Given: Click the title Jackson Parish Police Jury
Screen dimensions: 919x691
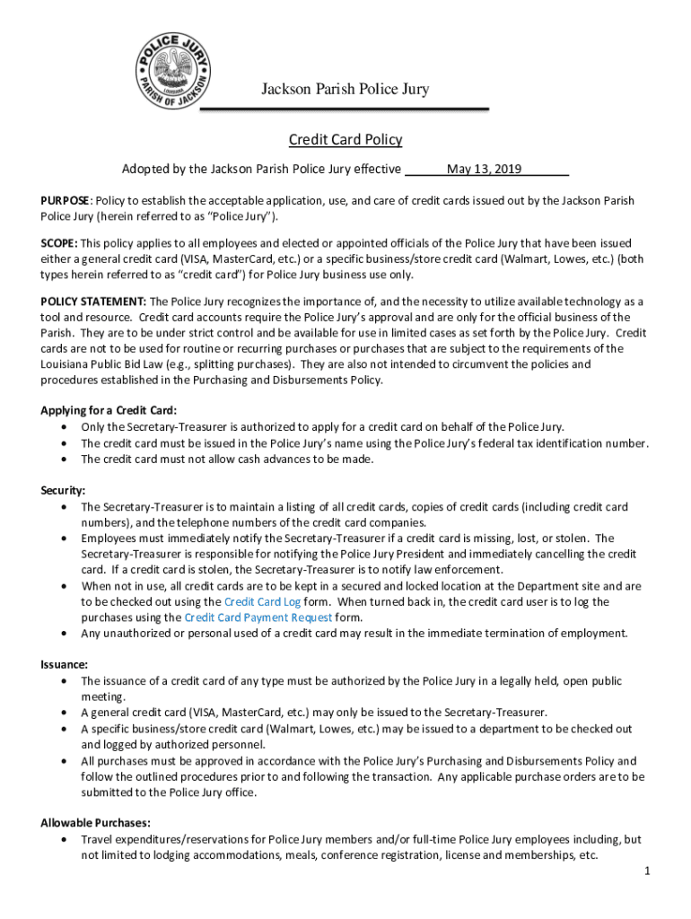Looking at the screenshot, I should (345, 89).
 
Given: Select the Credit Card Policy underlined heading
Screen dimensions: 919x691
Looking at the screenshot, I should (345, 140).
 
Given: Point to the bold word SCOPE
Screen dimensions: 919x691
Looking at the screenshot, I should (58, 243).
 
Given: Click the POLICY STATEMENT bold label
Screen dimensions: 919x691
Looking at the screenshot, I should (93, 302).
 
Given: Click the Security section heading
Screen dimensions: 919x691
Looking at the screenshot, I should (63, 491).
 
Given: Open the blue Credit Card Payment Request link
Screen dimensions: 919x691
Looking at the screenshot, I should (258, 617).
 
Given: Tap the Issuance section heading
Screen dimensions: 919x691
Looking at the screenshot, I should (64, 665).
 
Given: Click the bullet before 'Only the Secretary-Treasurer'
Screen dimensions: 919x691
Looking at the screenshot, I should (63, 427).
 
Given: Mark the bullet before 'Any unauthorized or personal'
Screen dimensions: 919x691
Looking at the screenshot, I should (63, 634).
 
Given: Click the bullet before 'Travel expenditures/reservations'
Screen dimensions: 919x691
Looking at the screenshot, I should (63, 839).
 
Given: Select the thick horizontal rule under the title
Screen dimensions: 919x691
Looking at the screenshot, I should (344, 109).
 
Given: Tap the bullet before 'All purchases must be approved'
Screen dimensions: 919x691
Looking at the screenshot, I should (63, 761).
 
